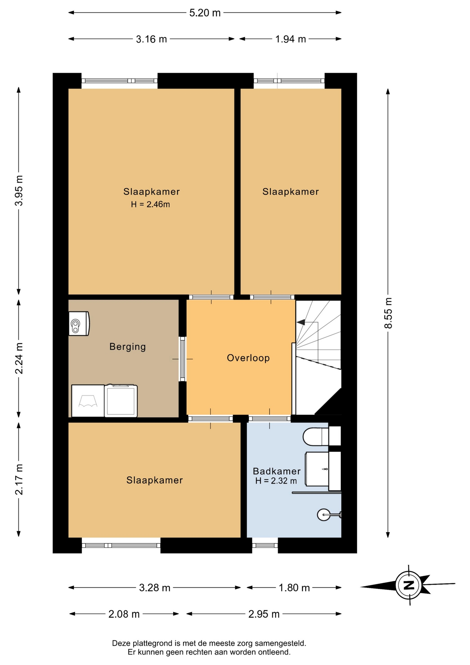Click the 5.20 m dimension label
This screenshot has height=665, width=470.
pos(205,13)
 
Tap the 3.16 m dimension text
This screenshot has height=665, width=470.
pos(151,39)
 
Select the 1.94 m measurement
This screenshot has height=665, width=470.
pos(290,39)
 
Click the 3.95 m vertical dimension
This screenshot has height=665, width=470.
pos(19,190)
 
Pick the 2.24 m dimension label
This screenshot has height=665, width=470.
pos(19,358)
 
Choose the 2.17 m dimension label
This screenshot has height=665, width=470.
pos(19,479)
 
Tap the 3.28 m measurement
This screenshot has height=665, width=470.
pos(154,588)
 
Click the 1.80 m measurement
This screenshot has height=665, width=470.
pos(294,588)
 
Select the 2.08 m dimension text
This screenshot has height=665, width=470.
pos(124,614)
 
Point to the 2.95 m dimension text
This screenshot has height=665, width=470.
pos(264,614)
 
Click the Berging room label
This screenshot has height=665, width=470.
pos(127,347)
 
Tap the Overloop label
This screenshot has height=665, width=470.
pos(248,358)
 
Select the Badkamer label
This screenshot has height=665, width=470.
pos(277,471)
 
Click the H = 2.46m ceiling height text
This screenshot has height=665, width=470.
pos(150,204)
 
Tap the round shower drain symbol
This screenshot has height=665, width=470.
pos(324,515)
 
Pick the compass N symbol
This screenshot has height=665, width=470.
pos(409,585)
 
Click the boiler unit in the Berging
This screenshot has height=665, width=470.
pos(79,323)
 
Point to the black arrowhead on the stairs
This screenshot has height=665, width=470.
pos(301,322)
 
